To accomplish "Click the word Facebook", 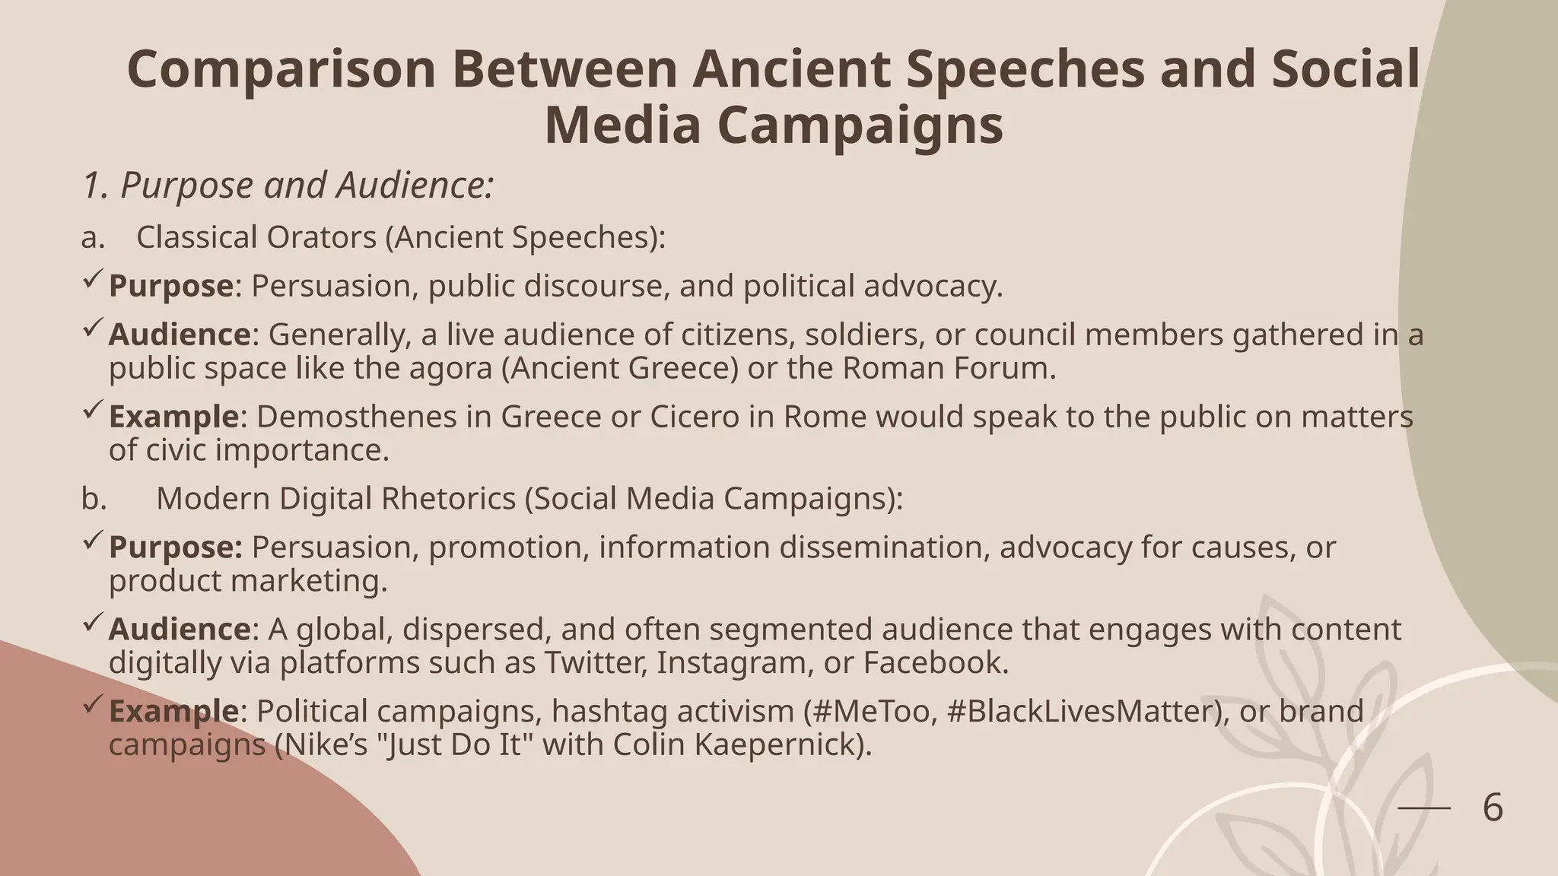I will click(935, 662).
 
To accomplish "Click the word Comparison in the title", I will click(281, 69).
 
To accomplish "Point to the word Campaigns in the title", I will click(860, 125).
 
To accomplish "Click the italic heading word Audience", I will click(415, 186).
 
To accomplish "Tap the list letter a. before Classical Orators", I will click(92, 237).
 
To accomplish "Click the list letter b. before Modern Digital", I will click(94, 499).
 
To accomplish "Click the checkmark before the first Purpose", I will click(92, 281).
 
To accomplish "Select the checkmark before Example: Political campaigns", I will click(92, 706).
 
